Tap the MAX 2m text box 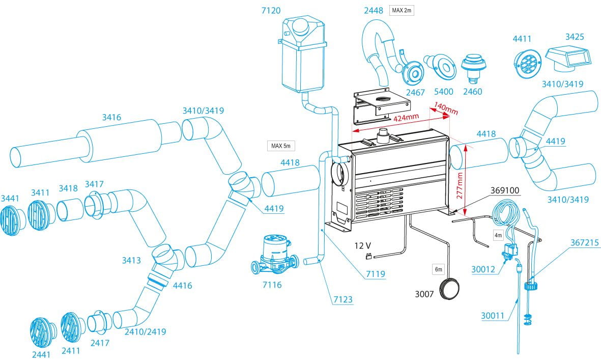tap(402, 10)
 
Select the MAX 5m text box tap(281, 146)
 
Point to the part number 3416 tap(111, 118)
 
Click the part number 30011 tap(492, 316)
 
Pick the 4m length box tap(498, 236)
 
